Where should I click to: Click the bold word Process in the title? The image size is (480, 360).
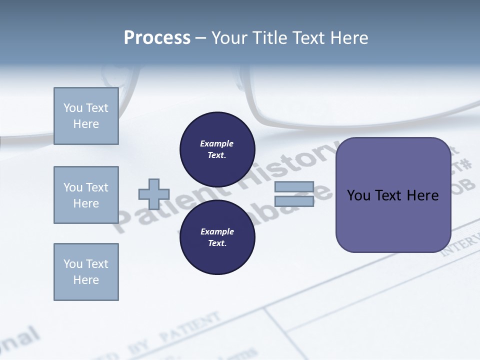(x=157, y=38)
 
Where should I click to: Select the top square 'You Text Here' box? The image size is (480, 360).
(x=86, y=116)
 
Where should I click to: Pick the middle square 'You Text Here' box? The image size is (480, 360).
(x=86, y=195)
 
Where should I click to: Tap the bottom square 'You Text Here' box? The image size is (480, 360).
(x=86, y=272)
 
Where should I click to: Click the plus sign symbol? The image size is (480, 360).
(x=154, y=194)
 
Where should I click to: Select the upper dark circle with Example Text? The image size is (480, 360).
(x=217, y=149)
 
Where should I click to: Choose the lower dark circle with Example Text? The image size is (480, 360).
(x=217, y=237)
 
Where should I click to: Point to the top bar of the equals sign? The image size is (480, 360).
(x=294, y=187)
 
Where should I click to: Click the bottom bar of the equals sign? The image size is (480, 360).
(x=294, y=201)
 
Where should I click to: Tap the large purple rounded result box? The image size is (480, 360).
(x=393, y=195)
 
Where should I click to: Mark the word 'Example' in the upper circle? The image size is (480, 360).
(x=216, y=143)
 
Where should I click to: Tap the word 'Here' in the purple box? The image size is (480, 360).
(x=422, y=195)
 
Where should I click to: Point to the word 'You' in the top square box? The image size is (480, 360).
(x=72, y=108)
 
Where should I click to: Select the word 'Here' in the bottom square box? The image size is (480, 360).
(x=86, y=280)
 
